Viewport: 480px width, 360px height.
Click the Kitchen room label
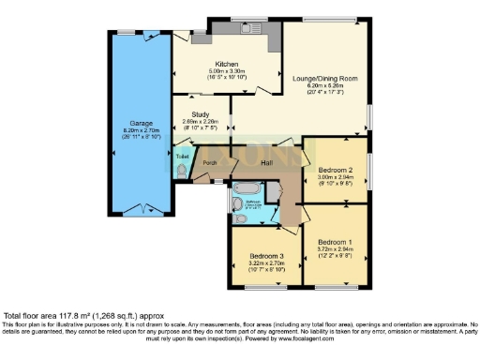[x=227, y=64]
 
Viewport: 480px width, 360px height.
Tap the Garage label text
[x=141, y=122]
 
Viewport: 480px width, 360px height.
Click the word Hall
[x=265, y=161]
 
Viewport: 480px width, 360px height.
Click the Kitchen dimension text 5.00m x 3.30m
[x=227, y=70]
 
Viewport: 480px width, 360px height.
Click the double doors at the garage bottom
[x=141, y=208]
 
